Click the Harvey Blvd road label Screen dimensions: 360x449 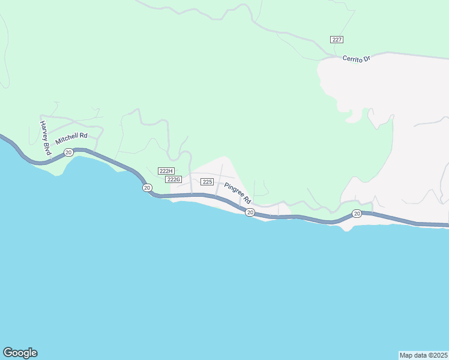pyautogui.click(x=45, y=139)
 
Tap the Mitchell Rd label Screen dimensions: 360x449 pyautogui.click(x=71, y=139)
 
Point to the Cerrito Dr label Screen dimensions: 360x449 pyautogui.click(x=357, y=59)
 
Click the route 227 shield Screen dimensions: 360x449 pyautogui.click(x=337, y=39)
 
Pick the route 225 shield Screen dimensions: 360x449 pyautogui.click(x=207, y=182)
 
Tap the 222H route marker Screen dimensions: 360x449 pyautogui.click(x=166, y=171)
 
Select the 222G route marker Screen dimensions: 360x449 pyautogui.click(x=173, y=179)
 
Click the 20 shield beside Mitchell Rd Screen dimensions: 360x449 pyautogui.click(x=68, y=152)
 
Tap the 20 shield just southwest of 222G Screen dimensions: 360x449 pyautogui.click(x=147, y=188)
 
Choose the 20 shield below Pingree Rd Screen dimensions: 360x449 pyautogui.click(x=250, y=212)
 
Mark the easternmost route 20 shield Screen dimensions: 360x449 pyautogui.click(x=357, y=213)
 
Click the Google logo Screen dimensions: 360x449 pyautogui.click(x=20, y=353)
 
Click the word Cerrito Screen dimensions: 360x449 pyautogui.click(x=352, y=58)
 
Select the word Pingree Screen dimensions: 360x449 pyautogui.click(x=234, y=189)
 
